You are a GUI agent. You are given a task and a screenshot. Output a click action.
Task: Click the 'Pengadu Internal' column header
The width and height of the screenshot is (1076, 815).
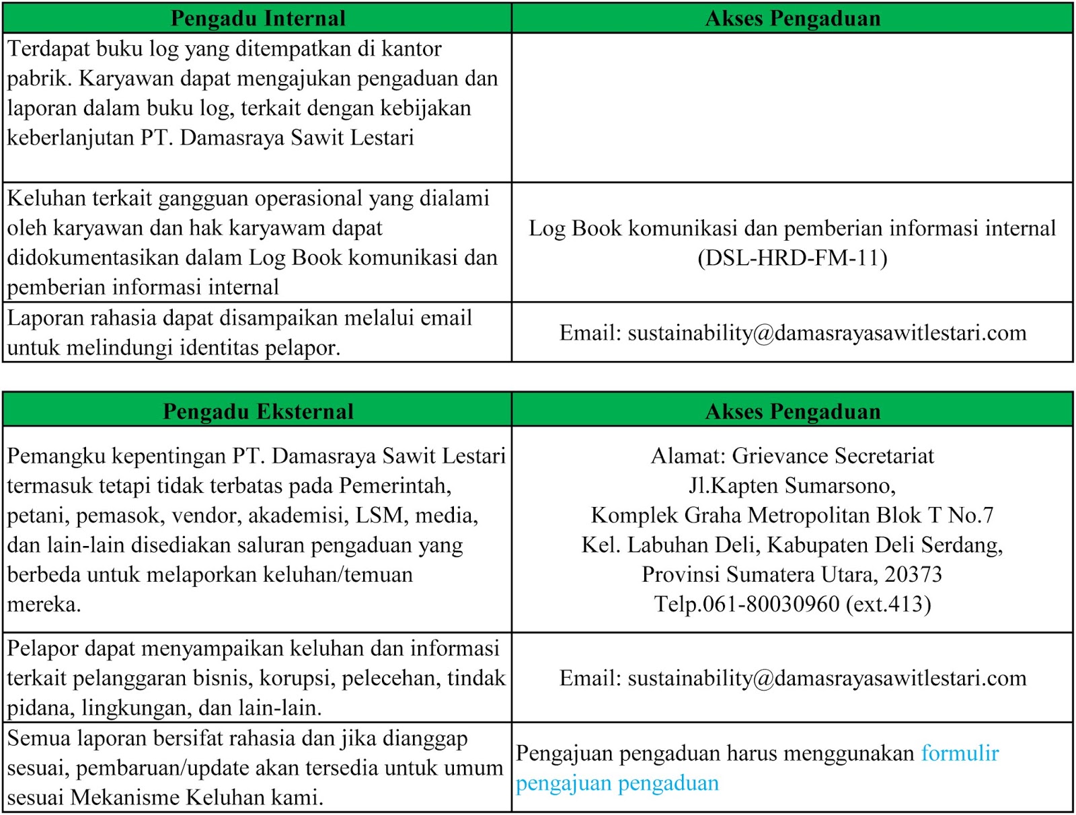(x=258, y=18)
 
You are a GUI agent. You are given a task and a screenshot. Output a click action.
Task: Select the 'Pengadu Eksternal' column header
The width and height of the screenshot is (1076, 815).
(x=258, y=411)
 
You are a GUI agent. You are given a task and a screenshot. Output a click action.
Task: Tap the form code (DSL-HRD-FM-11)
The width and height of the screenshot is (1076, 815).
(x=792, y=258)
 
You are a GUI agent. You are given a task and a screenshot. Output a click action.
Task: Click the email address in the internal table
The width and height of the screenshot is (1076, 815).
(x=827, y=333)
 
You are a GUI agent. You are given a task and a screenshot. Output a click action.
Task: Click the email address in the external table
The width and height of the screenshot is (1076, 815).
(x=827, y=678)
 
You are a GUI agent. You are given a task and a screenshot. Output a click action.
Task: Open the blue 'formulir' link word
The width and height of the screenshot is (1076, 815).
(x=960, y=753)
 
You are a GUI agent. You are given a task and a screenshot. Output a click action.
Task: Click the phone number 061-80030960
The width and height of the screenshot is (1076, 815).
(x=771, y=604)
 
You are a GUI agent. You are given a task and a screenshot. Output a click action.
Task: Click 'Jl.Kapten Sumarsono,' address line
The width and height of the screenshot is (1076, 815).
(x=792, y=486)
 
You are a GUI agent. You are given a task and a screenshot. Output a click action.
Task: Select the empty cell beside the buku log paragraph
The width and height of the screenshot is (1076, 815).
(x=792, y=108)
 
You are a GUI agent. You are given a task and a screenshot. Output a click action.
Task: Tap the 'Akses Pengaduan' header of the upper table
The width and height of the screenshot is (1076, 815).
(x=792, y=18)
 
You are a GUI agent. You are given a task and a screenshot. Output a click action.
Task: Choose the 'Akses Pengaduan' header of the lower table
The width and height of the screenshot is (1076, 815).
(x=792, y=411)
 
